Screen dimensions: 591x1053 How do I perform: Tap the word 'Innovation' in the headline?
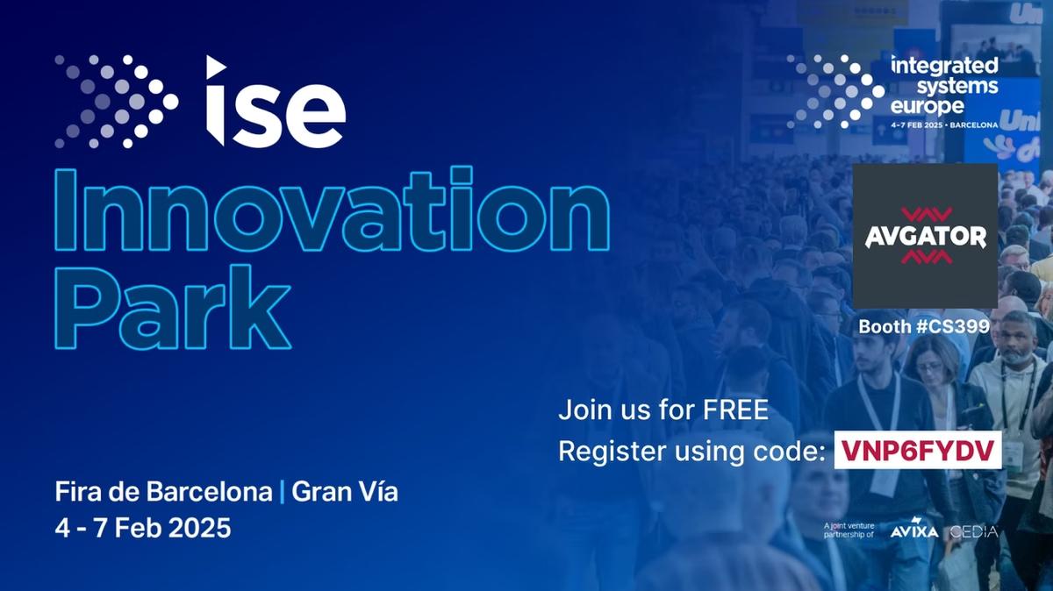click(x=332, y=210)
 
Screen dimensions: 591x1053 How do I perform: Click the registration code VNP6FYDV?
click(x=918, y=450)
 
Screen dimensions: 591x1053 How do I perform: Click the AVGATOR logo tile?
click(x=925, y=235)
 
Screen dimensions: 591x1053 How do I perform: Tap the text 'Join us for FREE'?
click(x=663, y=410)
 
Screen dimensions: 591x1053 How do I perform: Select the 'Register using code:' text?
click(x=691, y=451)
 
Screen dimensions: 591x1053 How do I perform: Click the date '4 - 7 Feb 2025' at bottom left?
click(x=143, y=529)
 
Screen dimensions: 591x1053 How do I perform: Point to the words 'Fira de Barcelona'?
click(x=163, y=492)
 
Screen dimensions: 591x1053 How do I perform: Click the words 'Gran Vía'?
click(x=344, y=492)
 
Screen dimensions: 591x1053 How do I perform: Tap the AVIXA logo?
click(x=913, y=531)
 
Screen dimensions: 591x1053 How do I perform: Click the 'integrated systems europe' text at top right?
click(x=943, y=86)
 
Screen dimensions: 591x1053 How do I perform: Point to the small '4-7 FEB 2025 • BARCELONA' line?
click(x=943, y=125)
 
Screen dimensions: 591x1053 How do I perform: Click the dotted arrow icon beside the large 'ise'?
click(x=116, y=101)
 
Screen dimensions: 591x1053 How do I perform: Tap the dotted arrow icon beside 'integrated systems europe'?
click(x=835, y=91)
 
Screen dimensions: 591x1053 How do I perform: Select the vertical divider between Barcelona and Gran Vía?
click(x=282, y=492)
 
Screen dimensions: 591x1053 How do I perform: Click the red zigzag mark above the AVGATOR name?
click(x=925, y=214)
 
